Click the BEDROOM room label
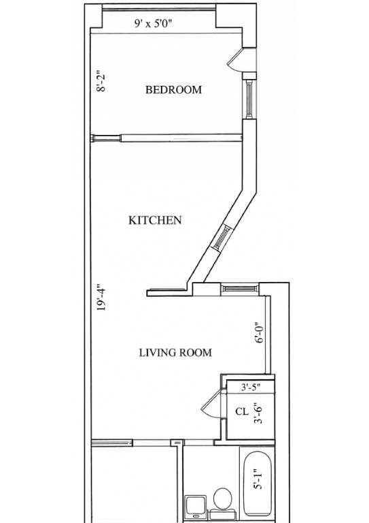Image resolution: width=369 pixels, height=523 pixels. coord(173,90)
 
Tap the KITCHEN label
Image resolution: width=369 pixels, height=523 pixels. coord(155,221)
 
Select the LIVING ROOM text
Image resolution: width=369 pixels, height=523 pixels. coord(175,353)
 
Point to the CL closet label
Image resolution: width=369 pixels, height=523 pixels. coord(242,411)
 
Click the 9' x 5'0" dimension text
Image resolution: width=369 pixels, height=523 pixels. coord(154,23)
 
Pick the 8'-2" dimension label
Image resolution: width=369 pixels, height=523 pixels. coord(101,81)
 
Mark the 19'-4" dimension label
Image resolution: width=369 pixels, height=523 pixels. coord(101,298)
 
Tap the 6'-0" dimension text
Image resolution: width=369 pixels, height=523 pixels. coord(259,332)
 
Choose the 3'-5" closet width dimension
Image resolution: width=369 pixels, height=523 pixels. coord(251,387)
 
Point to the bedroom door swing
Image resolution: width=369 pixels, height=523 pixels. coord(235,59)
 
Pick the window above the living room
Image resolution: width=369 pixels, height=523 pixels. coord(240,289)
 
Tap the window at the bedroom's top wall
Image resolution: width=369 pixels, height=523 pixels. coord(159,9)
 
